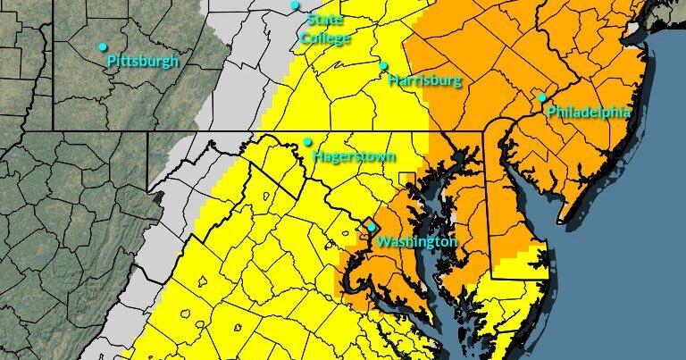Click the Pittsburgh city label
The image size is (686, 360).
[143, 62]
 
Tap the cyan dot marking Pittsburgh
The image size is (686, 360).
[103, 46]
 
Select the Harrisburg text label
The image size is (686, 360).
[425, 81]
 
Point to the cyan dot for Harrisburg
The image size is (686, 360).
[383, 65]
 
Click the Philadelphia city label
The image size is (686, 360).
[588, 113]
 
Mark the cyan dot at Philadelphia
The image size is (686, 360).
[541, 97]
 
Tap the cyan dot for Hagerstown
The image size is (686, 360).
[307, 141]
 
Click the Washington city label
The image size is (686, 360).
[416, 243]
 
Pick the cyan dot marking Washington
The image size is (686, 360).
[372, 228]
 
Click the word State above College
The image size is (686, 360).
[324, 20]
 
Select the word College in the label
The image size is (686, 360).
[325, 38]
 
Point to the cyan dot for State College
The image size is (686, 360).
[295, 5]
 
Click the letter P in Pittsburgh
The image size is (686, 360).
[111, 62]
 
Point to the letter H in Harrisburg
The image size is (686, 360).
[394, 81]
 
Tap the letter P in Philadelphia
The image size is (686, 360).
[551, 113]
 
